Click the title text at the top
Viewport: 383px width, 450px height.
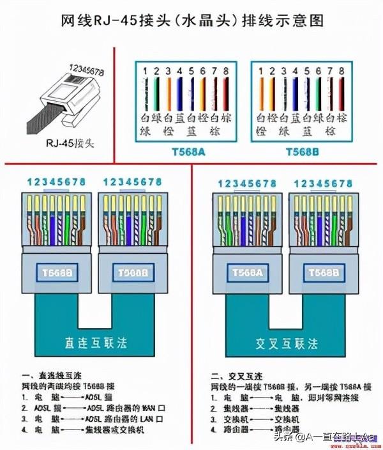(x=191, y=20)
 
